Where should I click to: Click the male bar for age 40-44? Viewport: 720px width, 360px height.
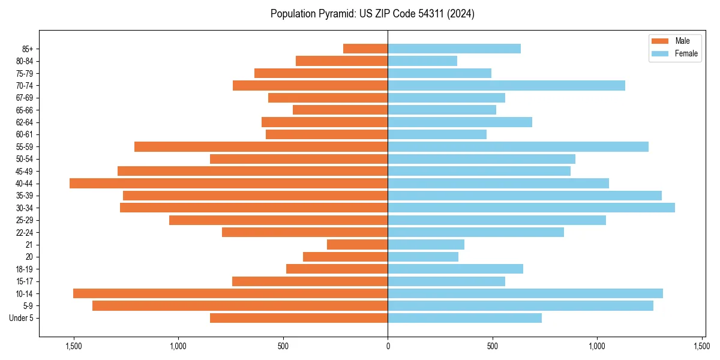[229, 183]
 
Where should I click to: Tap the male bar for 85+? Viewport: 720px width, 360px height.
[365, 49]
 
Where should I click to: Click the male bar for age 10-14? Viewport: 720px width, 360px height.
[230, 293]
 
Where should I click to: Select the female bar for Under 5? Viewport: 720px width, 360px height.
[464, 318]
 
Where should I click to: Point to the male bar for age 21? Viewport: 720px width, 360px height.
[357, 244]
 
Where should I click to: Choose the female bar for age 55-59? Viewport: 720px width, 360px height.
[518, 146]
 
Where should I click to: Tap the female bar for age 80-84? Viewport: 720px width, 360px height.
[422, 61]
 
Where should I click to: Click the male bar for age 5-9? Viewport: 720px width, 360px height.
[240, 305]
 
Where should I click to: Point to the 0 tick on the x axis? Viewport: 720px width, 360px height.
[388, 346]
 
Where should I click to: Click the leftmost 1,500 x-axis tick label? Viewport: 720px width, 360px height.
[73, 346]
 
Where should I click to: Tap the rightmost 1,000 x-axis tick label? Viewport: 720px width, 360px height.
[597, 346]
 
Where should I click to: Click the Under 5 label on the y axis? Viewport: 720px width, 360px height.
[21, 318]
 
